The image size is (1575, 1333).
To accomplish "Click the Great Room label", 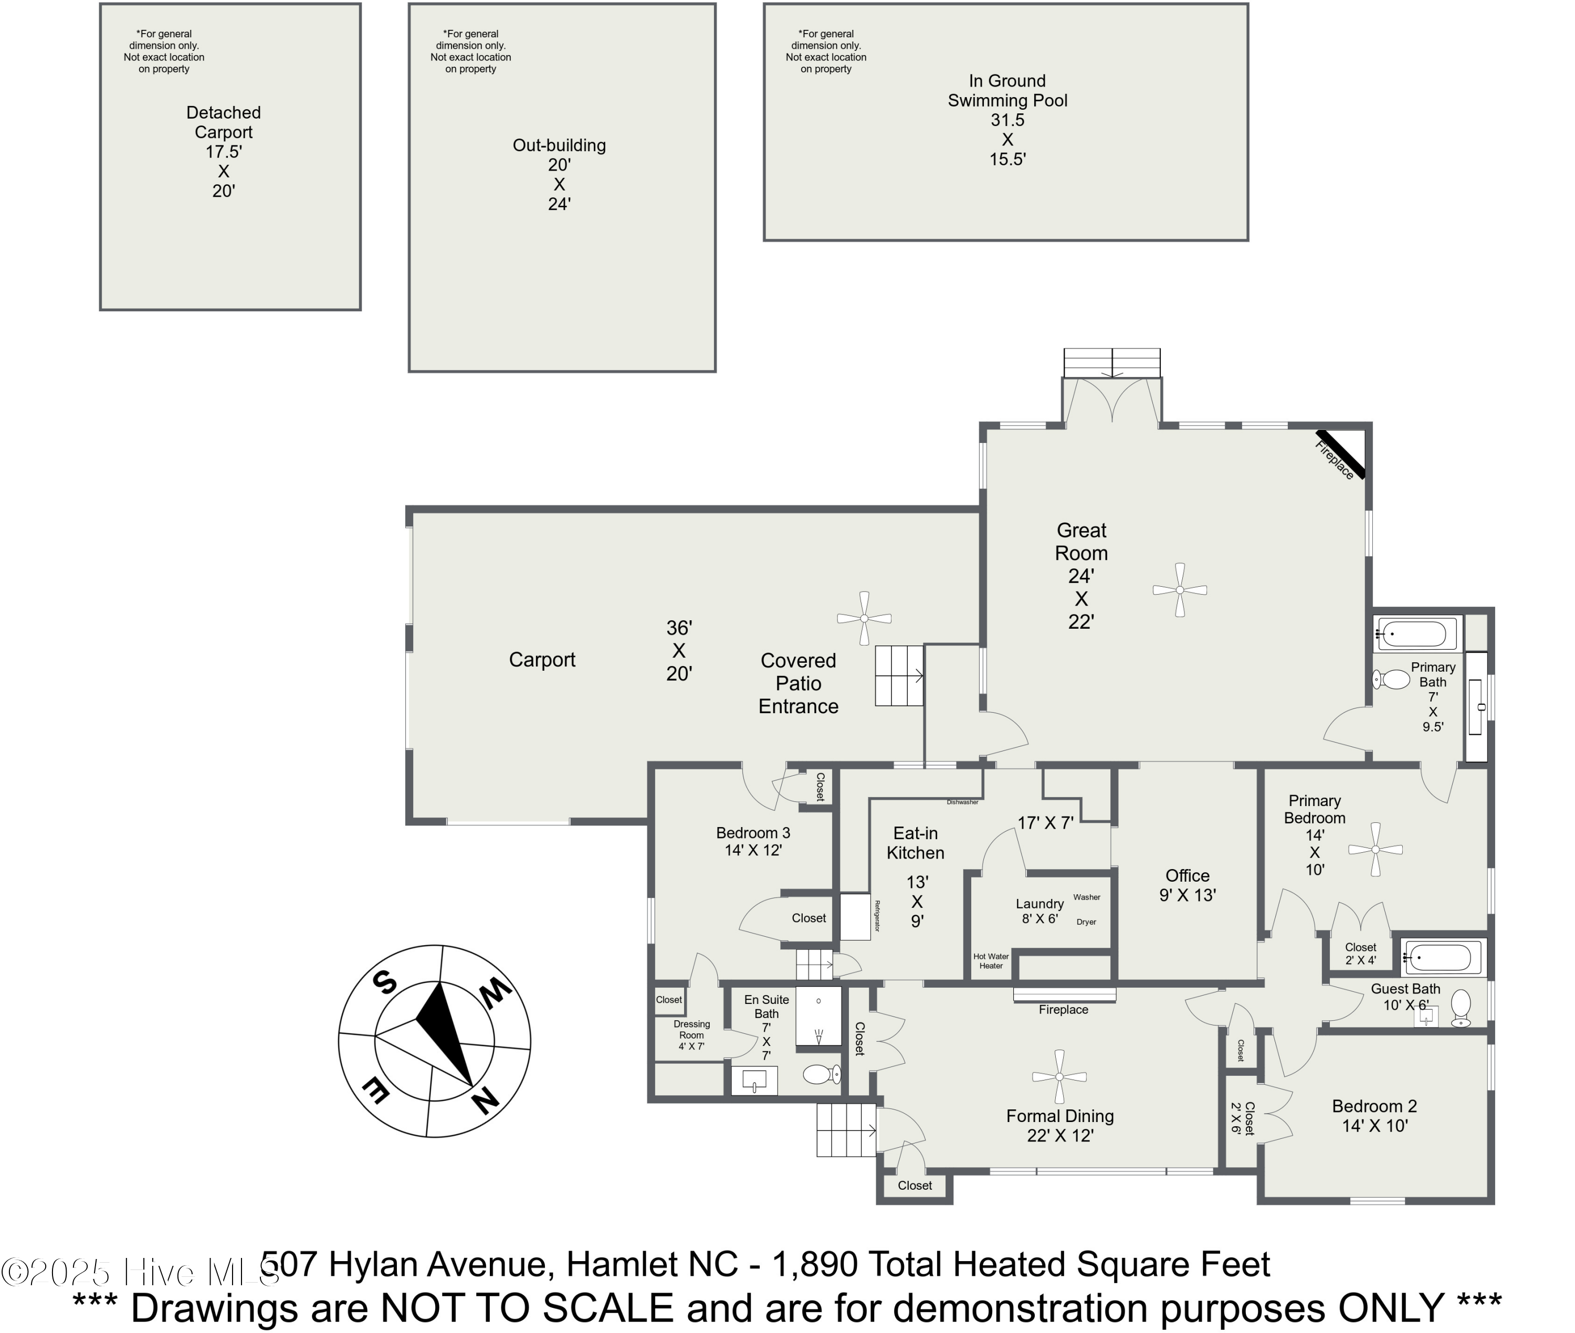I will pyautogui.click(x=1081, y=542).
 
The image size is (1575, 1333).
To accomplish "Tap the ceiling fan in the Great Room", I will pyautogui.click(x=1179, y=589).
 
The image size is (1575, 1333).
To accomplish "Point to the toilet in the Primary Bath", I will pyautogui.click(x=1392, y=679).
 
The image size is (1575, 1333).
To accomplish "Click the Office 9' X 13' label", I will pyautogui.click(x=1188, y=885).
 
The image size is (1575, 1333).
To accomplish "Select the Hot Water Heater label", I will pyautogui.click(x=991, y=960).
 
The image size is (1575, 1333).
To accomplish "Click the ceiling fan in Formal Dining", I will pyautogui.click(x=1059, y=1077).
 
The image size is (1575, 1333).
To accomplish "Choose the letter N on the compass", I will pyautogui.click(x=486, y=1101).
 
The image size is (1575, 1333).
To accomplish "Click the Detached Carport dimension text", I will pyautogui.click(x=224, y=171).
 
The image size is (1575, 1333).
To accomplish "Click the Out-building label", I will pyautogui.click(x=559, y=145).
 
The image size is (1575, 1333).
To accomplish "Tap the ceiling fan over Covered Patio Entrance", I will pyautogui.click(x=864, y=618).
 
